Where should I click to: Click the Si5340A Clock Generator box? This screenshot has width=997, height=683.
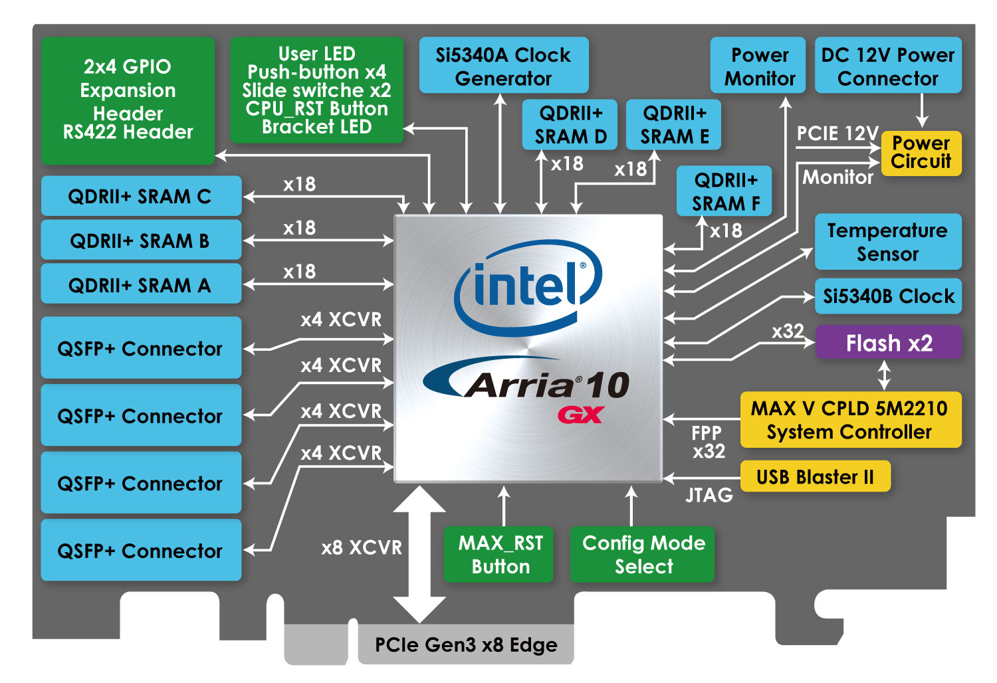pyautogui.click(x=503, y=66)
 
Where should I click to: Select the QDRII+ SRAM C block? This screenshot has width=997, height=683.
pyautogui.click(x=140, y=197)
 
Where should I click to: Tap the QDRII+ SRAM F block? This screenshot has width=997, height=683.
pyautogui.click(x=724, y=191)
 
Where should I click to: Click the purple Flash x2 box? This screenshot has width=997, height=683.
pyautogui.click(x=888, y=343)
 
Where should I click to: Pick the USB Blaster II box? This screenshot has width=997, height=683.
pyautogui.click(x=814, y=477)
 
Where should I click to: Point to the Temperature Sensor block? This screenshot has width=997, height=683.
pyautogui.click(x=887, y=242)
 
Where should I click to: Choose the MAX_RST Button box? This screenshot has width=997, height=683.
pyautogui.click(x=499, y=554)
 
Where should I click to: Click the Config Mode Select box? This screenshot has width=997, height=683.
pyautogui.click(x=643, y=554)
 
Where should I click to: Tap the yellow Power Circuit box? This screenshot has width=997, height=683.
pyautogui.click(x=921, y=153)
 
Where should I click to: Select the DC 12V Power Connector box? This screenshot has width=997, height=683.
pyautogui.click(x=887, y=66)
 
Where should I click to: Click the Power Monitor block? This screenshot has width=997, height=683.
pyautogui.click(x=758, y=66)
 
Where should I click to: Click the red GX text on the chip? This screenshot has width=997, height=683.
pyautogui.click(x=580, y=415)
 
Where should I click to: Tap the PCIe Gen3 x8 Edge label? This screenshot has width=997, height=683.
pyautogui.click(x=465, y=644)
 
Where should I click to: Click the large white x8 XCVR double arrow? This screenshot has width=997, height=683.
pyautogui.click(x=419, y=553)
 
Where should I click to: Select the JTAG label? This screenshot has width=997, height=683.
pyautogui.click(x=709, y=495)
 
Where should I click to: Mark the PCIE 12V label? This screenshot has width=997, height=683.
pyautogui.click(x=837, y=134)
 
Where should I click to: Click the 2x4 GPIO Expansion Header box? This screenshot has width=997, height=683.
pyautogui.click(x=128, y=100)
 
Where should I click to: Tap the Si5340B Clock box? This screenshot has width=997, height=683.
pyautogui.click(x=888, y=296)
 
